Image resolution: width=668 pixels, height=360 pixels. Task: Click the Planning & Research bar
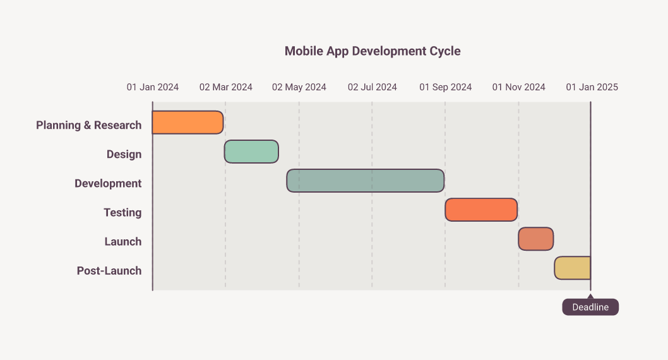[188, 123]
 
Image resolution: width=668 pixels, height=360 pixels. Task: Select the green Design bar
[251, 151]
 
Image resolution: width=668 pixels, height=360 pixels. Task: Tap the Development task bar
[366, 181]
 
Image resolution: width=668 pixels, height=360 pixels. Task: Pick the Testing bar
[481, 210]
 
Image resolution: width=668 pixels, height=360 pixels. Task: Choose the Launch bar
[536, 239]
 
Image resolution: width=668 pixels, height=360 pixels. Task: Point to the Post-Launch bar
[573, 268]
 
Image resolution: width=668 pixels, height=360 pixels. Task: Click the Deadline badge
[590, 307]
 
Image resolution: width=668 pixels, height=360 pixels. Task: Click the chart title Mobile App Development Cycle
[373, 51]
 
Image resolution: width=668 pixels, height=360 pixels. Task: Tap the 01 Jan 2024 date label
[153, 87]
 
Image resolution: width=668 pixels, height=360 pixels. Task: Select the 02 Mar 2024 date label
[226, 87]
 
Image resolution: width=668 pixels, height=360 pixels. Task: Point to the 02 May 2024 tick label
[299, 87]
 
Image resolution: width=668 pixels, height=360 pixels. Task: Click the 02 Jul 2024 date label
[373, 87]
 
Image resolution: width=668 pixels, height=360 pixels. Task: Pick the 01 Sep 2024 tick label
[446, 87]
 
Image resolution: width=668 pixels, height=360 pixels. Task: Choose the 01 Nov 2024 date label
[519, 87]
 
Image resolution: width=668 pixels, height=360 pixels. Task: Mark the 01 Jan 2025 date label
[592, 87]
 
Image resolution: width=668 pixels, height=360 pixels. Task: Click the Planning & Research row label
[88, 125]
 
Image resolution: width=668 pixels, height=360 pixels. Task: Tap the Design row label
[124, 154]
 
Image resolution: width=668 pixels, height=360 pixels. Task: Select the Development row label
[108, 184]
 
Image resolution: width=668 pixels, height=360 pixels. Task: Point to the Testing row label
[122, 212]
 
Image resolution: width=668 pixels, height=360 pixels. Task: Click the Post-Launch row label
[109, 270]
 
